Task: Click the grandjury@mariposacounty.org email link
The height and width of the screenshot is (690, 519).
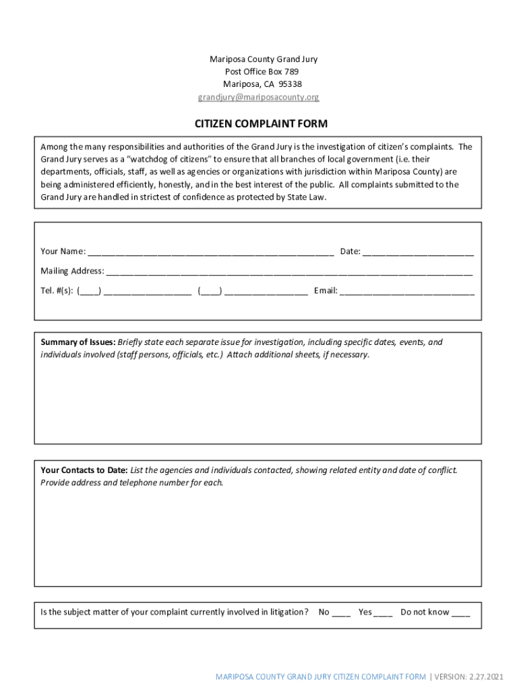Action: click(258, 97)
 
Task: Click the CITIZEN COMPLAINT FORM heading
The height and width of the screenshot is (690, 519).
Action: click(261, 124)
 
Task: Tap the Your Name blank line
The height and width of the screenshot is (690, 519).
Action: click(210, 253)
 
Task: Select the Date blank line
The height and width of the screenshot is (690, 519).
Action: click(418, 253)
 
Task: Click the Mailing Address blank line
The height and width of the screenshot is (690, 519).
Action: click(288, 272)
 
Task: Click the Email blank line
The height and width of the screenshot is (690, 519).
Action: click(407, 292)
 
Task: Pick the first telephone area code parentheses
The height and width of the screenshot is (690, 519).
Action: click(90, 292)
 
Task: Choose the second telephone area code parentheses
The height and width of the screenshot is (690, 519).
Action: click(210, 292)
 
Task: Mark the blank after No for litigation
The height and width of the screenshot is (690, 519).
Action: click(341, 613)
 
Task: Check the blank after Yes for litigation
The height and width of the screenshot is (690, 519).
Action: click(383, 613)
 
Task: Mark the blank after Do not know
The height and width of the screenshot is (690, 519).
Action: click(461, 613)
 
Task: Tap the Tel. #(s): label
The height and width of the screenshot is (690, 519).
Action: click(57, 292)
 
